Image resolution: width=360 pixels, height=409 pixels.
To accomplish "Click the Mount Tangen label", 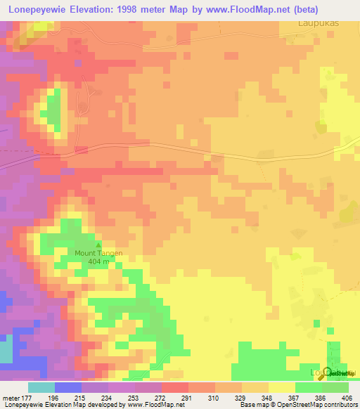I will click(99, 253).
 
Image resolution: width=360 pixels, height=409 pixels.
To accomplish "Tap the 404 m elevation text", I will click(99, 261).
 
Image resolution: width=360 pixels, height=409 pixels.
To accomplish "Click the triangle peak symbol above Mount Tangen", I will click(98, 245).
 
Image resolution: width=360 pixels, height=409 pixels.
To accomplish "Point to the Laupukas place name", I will click(314, 22).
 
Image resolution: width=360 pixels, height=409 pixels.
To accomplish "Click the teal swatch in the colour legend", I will click(41, 387).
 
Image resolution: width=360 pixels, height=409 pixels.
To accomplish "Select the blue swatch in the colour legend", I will click(67, 387).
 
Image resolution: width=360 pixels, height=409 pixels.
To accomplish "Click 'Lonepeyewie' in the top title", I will click(39, 10).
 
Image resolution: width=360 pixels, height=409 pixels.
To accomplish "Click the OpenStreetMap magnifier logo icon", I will click(328, 372).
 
